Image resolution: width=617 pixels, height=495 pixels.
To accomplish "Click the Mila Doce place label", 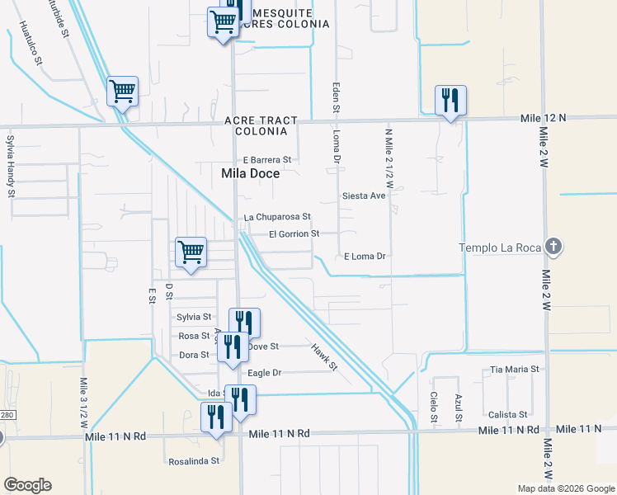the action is pos(251,174).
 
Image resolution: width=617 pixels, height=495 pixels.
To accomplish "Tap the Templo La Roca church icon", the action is pos(554,247).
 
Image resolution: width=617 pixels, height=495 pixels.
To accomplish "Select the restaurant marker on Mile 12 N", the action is pos(450,101).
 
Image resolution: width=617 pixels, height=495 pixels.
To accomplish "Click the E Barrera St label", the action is pos(267,159).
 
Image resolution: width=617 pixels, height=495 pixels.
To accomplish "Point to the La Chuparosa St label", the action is pos(277,217).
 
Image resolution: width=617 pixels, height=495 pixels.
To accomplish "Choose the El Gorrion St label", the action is pos(294,234).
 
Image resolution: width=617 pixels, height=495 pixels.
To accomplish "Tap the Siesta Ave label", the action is pos(364,196).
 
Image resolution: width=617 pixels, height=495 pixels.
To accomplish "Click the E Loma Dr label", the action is pos(365,257).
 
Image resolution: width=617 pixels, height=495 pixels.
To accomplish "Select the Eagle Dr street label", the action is pos(265,373).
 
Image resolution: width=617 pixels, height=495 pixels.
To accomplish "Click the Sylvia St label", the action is pos(195,317).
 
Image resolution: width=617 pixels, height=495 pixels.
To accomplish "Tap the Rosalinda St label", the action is pos(194,461).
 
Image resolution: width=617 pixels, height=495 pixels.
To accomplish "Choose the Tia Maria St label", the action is pos(514,369).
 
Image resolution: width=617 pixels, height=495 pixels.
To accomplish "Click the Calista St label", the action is pos(507,414).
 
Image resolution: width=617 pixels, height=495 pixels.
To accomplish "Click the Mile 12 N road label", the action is pos(544,119).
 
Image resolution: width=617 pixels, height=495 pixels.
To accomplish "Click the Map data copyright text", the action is pos(566,488).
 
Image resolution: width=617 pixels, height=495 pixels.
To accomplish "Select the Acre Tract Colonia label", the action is pos(261,125).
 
